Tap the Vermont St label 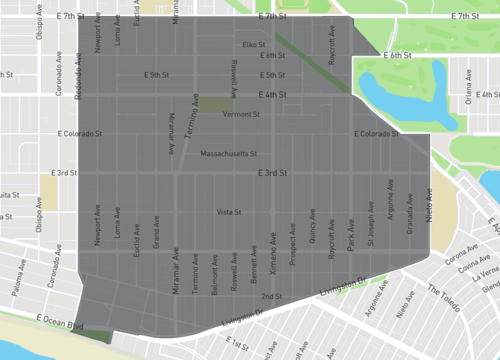(x=241, y=114)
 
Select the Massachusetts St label (x=230, y=154)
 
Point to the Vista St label (x=231, y=212)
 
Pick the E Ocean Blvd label (x=59, y=319)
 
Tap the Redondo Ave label (x=77, y=78)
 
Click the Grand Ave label (x=156, y=241)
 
